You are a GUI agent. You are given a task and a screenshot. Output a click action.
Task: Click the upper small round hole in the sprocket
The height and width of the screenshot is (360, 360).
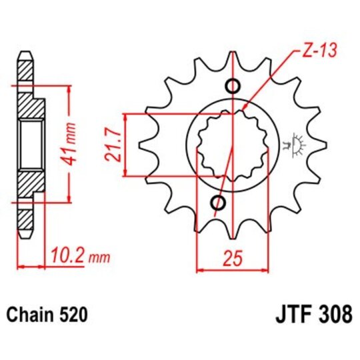[x=233, y=86]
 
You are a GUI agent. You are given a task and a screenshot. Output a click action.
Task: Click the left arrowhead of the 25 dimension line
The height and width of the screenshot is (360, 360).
[x=199, y=270]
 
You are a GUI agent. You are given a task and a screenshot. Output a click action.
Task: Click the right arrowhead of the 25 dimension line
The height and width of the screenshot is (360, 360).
[x=265, y=270]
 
